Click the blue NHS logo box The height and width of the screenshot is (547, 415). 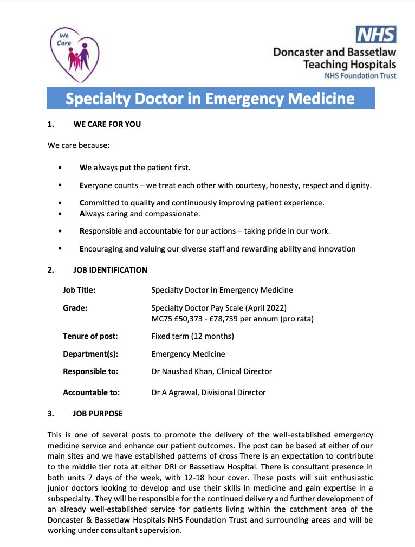(376, 35)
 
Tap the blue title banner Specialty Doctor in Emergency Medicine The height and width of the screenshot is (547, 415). (210, 99)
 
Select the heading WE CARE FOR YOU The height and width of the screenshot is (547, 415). (107, 124)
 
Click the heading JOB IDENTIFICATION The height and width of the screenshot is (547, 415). (110, 269)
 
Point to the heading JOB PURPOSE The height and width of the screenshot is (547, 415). (98, 414)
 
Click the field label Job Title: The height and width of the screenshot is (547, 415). (79, 290)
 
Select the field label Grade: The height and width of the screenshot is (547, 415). (75, 308)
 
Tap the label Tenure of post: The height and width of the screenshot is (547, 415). (90, 336)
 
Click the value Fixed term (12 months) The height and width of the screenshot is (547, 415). (192, 336)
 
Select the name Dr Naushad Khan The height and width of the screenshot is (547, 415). (182, 371)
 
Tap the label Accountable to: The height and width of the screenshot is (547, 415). (91, 392)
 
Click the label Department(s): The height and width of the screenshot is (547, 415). (90, 354)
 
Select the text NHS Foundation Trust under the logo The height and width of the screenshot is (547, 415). (360, 75)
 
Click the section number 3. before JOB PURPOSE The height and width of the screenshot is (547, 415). (50, 414)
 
